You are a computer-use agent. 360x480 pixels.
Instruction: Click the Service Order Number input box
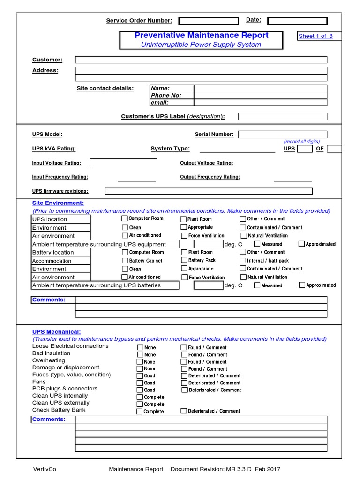point(208,21)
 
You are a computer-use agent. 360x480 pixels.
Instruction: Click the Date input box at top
point(297,21)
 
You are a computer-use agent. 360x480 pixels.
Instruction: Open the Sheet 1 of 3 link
point(315,36)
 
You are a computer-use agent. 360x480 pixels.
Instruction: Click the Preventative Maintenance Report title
point(201,36)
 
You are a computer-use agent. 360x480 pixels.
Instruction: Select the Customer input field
point(201,60)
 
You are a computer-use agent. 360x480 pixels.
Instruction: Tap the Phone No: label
point(166,95)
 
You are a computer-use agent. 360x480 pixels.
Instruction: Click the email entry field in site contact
point(260,102)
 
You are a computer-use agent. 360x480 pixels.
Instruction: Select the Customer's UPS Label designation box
point(282,117)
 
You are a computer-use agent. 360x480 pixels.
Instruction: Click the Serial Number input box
point(282,135)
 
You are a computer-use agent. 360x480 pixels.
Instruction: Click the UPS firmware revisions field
point(209,191)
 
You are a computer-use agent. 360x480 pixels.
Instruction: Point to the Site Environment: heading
point(58,203)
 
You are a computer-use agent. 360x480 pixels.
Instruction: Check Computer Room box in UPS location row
point(125,218)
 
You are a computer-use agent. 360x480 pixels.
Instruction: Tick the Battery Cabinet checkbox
point(125,261)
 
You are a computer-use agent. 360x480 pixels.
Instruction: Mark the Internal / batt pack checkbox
point(243,261)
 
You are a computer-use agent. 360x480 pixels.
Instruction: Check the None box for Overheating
point(140,362)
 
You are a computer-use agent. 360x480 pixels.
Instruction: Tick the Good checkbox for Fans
point(140,383)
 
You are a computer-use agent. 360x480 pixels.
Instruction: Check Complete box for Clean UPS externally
point(140,404)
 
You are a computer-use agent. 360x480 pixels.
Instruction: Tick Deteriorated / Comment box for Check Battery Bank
point(184,411)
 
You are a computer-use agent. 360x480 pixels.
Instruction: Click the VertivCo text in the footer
point(45,469)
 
